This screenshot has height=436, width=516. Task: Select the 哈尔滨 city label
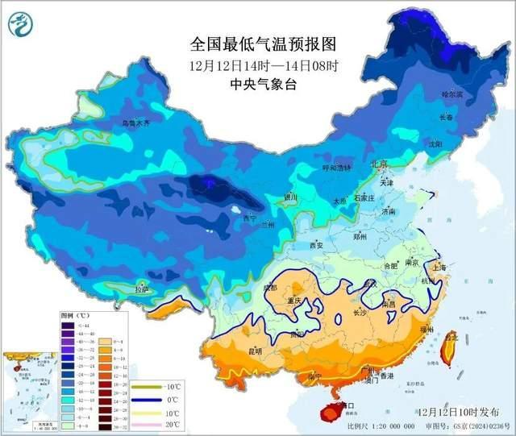click(454, 94)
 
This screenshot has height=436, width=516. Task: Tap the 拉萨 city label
click(142, 289)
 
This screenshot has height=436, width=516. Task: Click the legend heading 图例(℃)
click(73, 315)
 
